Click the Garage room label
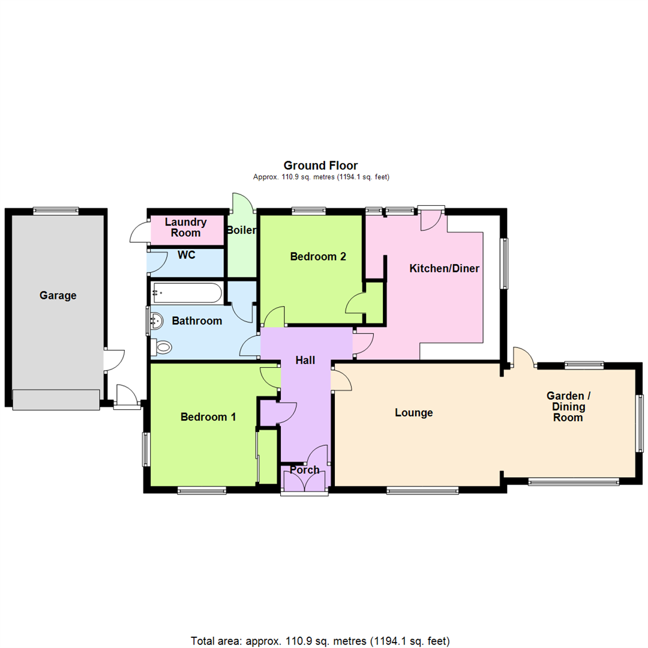click(58, 295)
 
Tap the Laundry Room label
click(185, 227)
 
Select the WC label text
click(187, 255)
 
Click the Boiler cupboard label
click(241, 230)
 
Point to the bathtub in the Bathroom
click(187, 293)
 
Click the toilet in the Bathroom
click(163, 347)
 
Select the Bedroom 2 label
click(318, 257)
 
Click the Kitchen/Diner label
click(444, 268)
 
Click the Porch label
click(304, 470)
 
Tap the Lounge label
click(414, 413)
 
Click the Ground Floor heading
click(320, 165)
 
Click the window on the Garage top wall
click(56, 210)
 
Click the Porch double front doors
click(304, 482)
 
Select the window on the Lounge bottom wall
click(422, 491)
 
